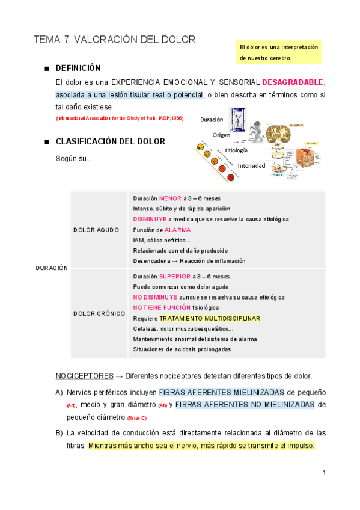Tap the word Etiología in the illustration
pos(236,150)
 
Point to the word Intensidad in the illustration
pos(251,165)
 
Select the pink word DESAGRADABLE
pos(293,82)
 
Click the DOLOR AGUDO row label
pos(96,230)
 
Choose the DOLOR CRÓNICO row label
pos(99,313)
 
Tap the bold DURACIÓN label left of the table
pos(52,268)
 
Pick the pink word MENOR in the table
pos(170,198)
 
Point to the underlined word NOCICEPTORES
pos(84,376)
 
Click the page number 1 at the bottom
pos(324,472)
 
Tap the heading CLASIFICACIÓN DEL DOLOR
pos(110,141)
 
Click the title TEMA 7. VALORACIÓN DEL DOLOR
pos(114,40)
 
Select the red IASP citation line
pos(120,118)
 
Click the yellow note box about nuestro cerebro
pos(279,52)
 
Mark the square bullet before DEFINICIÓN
pos(46,69)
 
